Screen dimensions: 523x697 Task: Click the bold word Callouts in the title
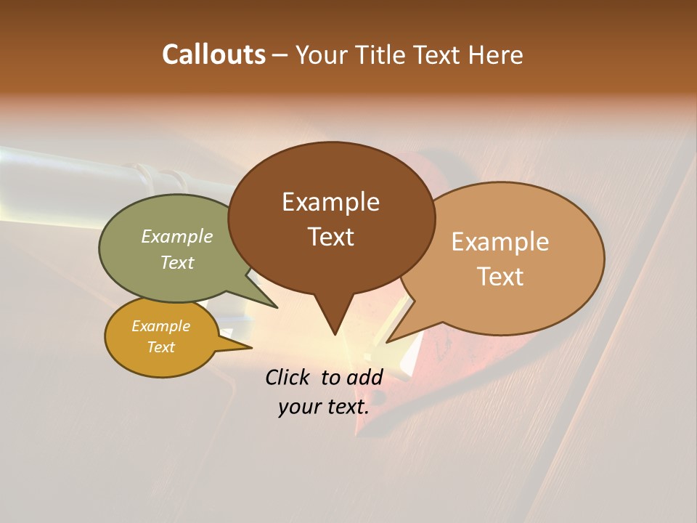point(213,54)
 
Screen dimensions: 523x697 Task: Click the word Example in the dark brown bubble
point(330,202)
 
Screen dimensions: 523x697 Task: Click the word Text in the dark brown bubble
point(330,237)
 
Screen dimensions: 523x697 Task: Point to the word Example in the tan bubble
point(500,242)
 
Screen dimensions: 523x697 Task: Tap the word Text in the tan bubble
point(500,277)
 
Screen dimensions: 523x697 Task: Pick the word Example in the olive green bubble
point(177,236)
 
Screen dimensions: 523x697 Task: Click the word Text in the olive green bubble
point(177,262)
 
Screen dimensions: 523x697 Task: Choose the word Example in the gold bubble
point(160,326)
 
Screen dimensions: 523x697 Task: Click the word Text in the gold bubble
point(160,347)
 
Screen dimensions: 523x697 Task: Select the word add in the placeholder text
point(364,377)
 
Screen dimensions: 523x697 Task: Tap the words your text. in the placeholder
point(323,408)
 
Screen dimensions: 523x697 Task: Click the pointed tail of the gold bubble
point(247,347)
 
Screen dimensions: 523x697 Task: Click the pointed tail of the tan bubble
point(391,339)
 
